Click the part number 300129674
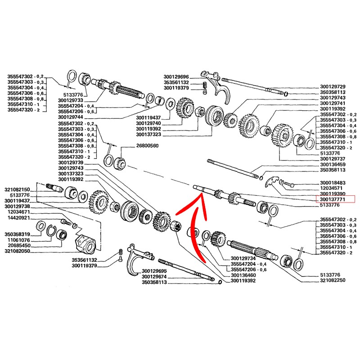pos(154,276)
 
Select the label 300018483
pos(333,182)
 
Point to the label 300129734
pos(243,258)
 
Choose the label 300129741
pos(333,103)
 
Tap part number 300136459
pos(333,165)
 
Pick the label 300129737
pos(333,159)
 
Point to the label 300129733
pos(71,100)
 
